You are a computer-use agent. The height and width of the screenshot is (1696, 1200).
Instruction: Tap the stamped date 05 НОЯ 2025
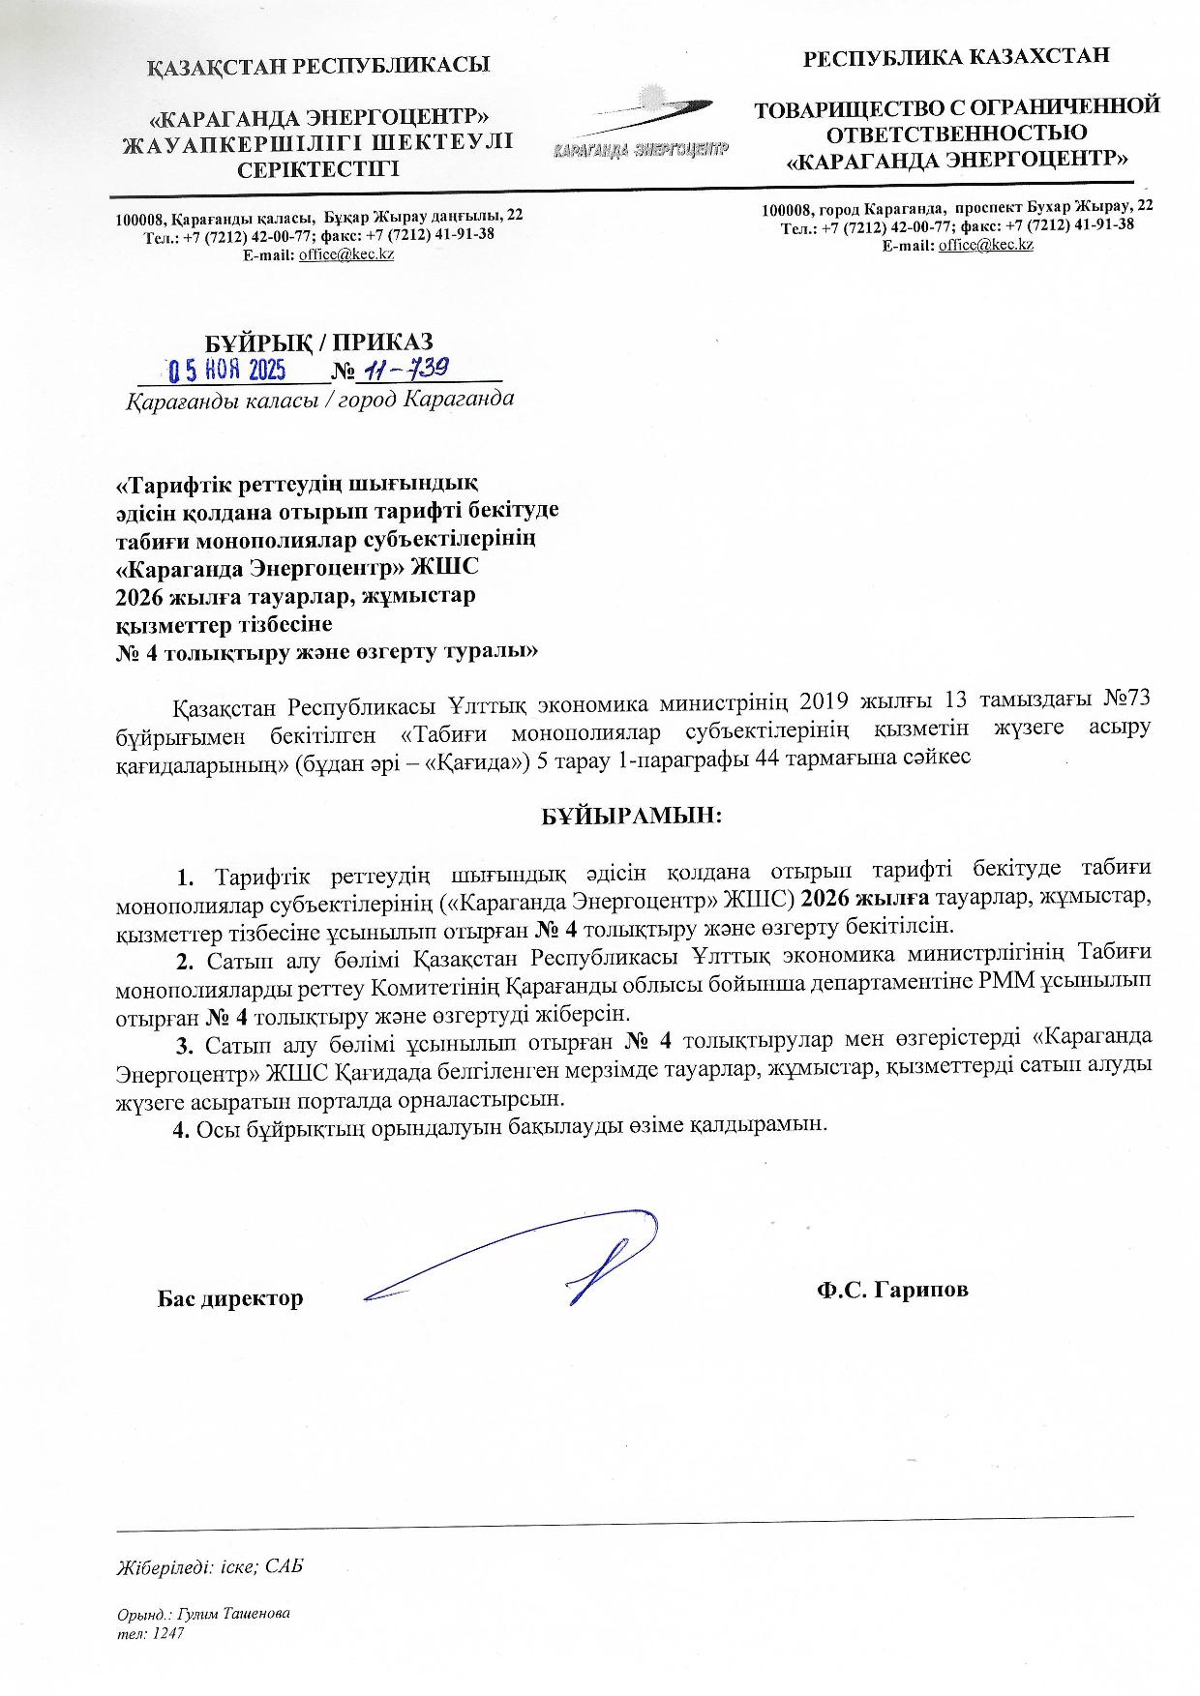(225, 371)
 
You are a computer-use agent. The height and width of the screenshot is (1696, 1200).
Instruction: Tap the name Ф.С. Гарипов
(891, 1290)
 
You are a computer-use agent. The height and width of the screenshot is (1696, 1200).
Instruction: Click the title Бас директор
(230, 1298)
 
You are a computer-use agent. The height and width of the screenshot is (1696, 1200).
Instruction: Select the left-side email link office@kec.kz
(345, 254)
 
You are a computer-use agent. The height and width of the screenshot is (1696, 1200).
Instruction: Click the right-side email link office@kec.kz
(985, 245)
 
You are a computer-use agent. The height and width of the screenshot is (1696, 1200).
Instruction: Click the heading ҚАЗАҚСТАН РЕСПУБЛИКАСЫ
(318, 66)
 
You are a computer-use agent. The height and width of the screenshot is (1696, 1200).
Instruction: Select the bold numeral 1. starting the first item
(186, 878)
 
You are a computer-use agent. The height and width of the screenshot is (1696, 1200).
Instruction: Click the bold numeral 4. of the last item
(180, 1127)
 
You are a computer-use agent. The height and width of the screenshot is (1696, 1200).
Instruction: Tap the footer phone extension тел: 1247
(149, 1633)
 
